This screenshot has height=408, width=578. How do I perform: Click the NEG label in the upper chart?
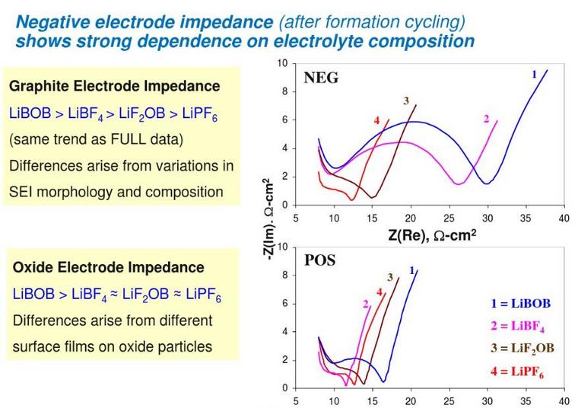click(x=321, y=77)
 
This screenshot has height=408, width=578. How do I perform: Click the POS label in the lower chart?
click(x=319, y=260)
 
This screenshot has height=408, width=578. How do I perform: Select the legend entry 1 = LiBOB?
click(x=520, y=304)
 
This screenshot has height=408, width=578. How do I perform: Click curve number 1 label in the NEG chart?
click(x=534, y=74)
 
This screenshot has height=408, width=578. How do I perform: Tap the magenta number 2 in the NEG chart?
click(x=486, y=118)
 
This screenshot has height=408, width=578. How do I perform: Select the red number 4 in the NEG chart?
click(x=376, y=121)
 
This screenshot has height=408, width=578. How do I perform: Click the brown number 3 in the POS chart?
click(x=390, y=277)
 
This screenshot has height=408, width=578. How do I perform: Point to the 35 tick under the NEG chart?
click(x=525, y=218)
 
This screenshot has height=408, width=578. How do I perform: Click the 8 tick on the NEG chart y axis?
click(x=284, y=91)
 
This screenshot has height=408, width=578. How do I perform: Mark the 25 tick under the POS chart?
click(x=448, y=400)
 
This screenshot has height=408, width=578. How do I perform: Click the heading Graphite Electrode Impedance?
click(x=114, y=86)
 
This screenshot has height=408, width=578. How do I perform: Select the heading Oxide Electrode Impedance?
click(x=108, y=267)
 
